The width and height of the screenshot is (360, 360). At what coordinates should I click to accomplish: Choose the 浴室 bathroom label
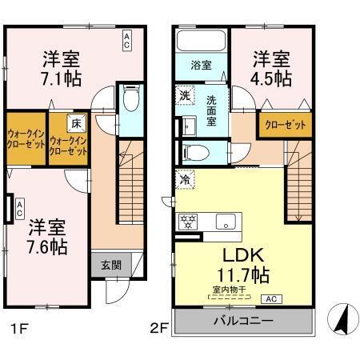200,66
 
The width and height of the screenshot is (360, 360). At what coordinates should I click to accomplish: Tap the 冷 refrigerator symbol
183,182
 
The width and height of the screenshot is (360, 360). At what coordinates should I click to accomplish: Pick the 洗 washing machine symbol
183,95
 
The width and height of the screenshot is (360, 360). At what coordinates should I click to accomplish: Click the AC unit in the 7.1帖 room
126,42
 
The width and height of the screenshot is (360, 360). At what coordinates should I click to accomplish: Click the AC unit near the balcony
271,299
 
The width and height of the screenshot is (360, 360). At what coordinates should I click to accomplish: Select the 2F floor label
158,328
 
